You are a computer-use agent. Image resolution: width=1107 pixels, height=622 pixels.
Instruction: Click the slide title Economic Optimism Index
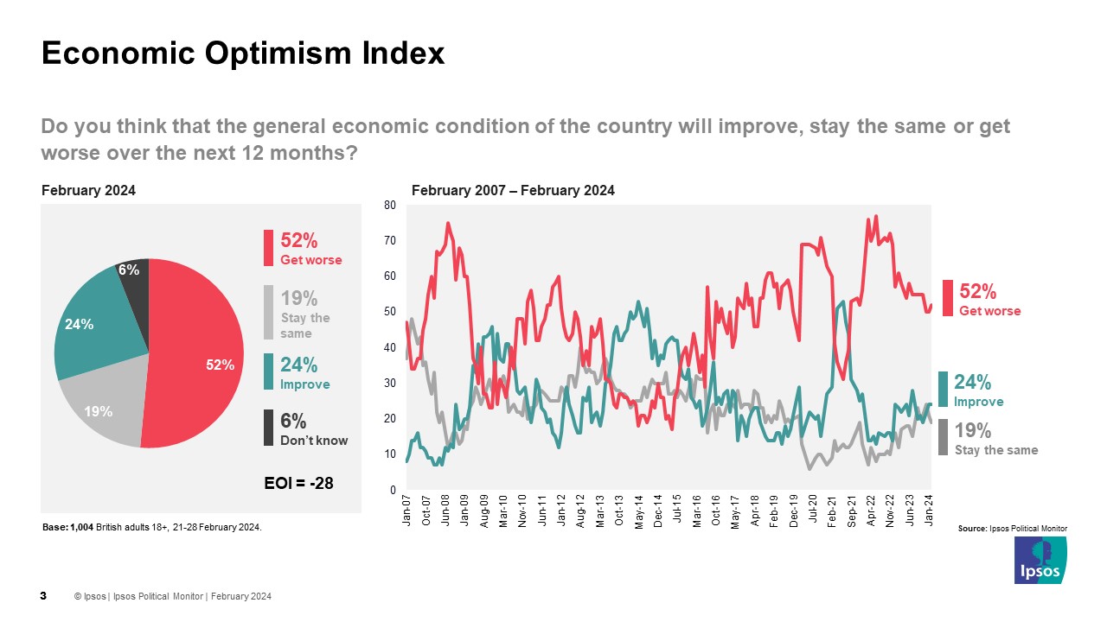[x=243, y=54]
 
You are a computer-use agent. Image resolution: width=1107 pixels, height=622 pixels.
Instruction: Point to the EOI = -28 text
[x=298, y=483]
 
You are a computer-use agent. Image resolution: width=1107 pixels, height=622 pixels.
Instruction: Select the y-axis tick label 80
[x=389, y=205]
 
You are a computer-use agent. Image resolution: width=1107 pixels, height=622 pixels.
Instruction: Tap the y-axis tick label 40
[x=389, y=347]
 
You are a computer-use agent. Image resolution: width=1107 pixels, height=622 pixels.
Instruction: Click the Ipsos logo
[x=1040, y=561]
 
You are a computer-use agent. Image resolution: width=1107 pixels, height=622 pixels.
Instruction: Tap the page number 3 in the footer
[x=44, y=596]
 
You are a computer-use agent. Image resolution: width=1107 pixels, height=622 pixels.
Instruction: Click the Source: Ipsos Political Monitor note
[x=1013, y=528]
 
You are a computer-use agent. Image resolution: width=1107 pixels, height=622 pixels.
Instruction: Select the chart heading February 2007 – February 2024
[x=513, y=191]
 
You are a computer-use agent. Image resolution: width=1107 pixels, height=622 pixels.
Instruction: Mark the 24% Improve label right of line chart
[x=978, y=390]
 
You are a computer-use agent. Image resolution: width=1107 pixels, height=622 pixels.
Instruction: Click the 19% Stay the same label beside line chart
[x=995, y=438]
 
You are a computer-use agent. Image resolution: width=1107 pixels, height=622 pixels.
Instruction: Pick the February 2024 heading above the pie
[x=88, y=191]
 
